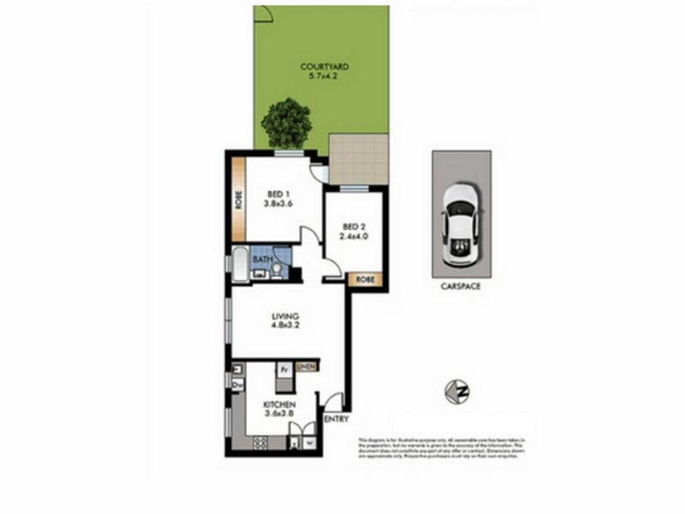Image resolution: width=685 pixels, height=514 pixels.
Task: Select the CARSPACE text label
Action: coord(462,287)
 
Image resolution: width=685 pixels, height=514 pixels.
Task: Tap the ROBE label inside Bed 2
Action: coord(365,278)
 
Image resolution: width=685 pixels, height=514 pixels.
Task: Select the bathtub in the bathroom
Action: coord(241,263)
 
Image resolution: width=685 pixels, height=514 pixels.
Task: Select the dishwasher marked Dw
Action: coord(235,385)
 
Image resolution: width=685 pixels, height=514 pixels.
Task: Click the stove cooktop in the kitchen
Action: coord(258,443)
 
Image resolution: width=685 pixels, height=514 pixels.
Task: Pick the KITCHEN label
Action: coord(279,404)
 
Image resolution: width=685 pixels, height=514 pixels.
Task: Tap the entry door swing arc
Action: coord(334,399)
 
